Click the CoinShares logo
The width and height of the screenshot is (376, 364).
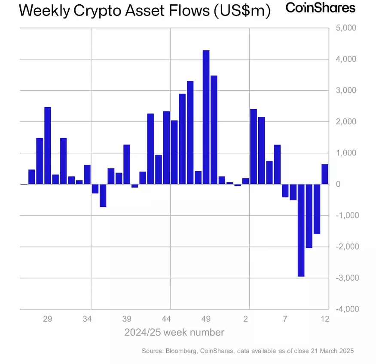pos(321,8)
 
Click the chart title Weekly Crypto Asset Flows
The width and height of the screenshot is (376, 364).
pos(144,11)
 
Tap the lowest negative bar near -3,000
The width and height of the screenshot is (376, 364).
pos(301,230)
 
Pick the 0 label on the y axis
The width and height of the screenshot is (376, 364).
pos(339,184)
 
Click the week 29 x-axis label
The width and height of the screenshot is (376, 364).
pos(47,319)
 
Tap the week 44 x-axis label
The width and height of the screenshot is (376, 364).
pos(167,319)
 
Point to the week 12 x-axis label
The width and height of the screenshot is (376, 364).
pos(325,319)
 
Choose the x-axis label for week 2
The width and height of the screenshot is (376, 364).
pos(246,319)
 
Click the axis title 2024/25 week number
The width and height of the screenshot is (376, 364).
pos(174,333)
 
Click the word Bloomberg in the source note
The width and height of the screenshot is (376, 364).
pos(177,351)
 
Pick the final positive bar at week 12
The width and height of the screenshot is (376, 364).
pos(325,174)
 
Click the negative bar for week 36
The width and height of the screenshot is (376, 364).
pos(103,195)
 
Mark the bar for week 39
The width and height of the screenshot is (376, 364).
pos(127,164)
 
